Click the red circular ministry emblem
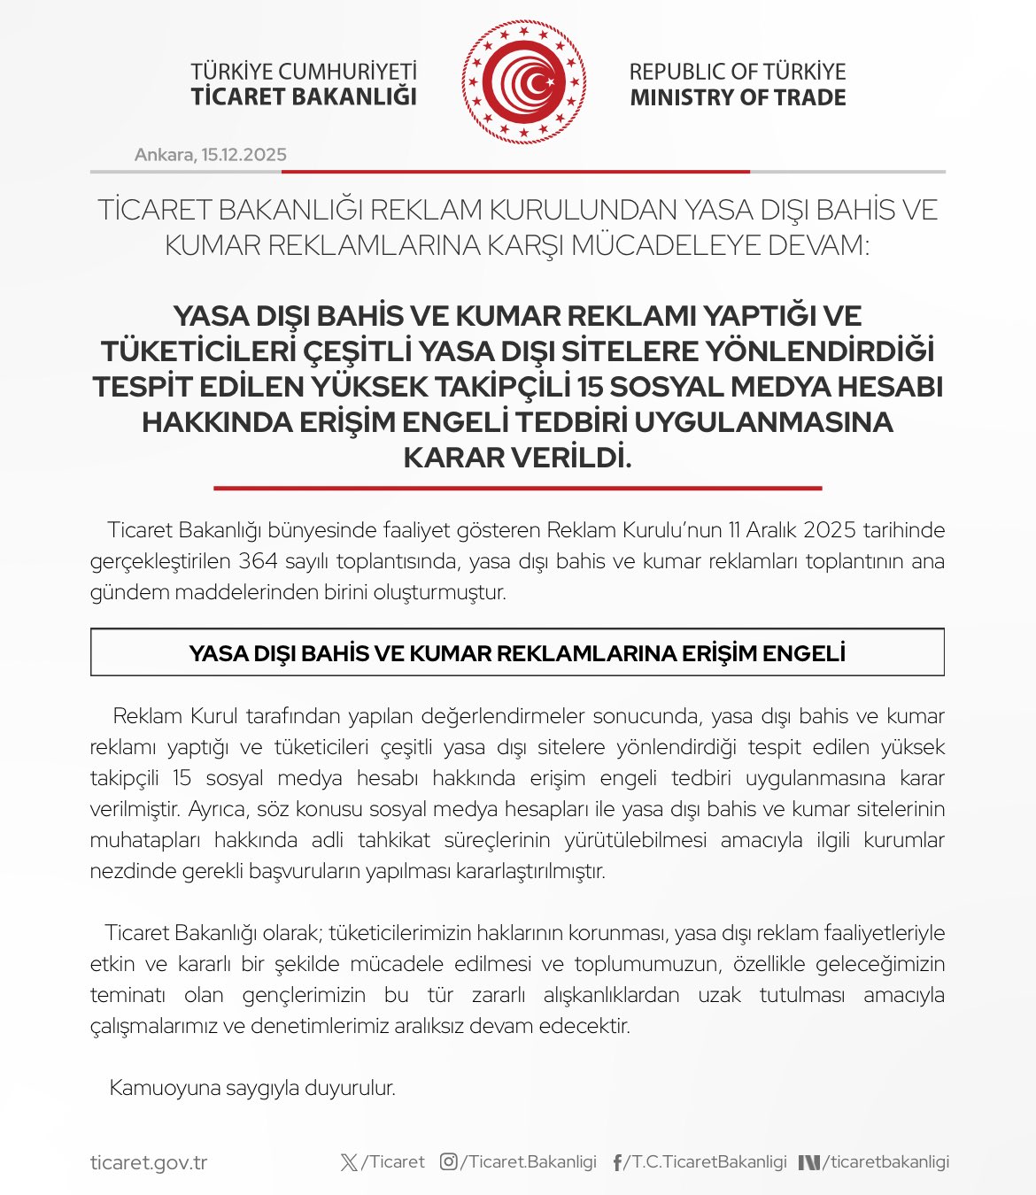tap(522, 82)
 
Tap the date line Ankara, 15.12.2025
tap(211, 155)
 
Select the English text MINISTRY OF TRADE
tap(738, 97)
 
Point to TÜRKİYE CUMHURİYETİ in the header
tap(304, 71)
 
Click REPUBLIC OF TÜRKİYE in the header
tap(738, 71)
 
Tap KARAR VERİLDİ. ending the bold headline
tap(518, 458)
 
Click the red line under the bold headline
tap(518, 488)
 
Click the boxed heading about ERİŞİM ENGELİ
tap(517, 653)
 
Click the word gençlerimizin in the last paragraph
tap(304, 995)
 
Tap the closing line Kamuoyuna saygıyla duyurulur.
tap(252, 1088)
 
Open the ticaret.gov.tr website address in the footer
tap(149, 1162)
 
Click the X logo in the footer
tap(349, 1162)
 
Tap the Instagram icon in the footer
tap(449, 1162)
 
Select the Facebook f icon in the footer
tap(617, 1163)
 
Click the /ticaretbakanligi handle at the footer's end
tap(885, 1162)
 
